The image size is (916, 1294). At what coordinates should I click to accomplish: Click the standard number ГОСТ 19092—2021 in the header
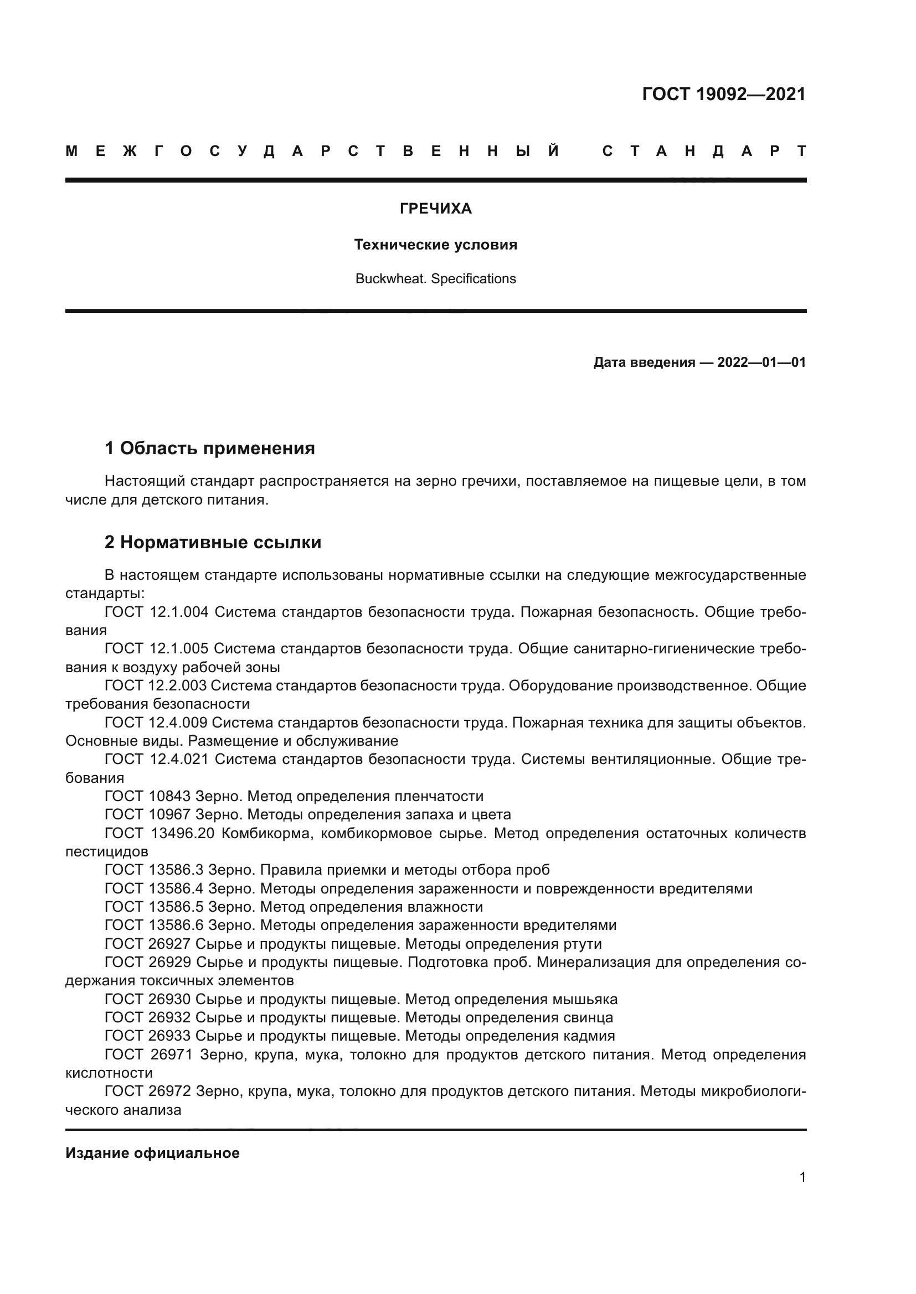tap(724, 94)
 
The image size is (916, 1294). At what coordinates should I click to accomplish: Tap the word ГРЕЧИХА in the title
tap(435, 209)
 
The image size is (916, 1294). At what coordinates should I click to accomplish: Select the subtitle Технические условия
tap(435, 245)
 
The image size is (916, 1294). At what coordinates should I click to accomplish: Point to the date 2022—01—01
tap(761, 362)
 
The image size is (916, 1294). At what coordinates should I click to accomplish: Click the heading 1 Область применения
tap(210, 449)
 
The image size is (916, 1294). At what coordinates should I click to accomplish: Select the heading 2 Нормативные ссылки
tap(213, 543)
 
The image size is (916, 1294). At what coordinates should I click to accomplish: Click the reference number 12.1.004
tap(179, 612)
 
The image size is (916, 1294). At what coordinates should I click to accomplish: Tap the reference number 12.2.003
tap(179, 686)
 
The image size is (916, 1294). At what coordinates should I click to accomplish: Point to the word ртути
tap(583, 944)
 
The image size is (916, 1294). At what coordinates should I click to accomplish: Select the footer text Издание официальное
tap(152, 1153)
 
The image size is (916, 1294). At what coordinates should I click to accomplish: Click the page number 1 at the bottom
tap(802, 1177)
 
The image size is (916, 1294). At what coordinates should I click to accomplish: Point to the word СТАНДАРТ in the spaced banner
tap(704, 152)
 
